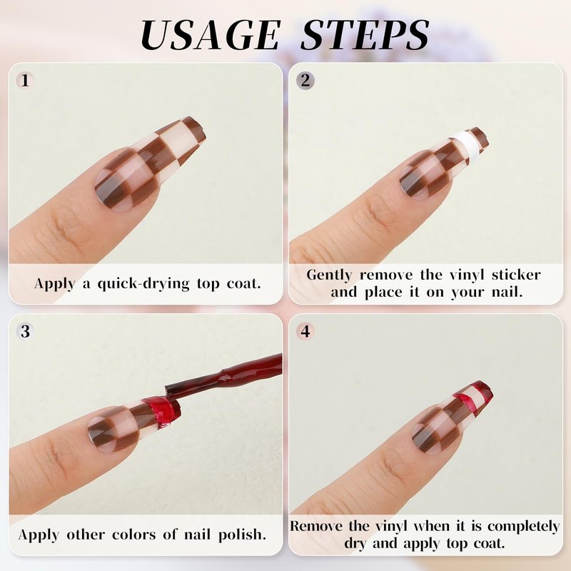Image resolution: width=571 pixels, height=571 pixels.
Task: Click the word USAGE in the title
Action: [x=211, y=34]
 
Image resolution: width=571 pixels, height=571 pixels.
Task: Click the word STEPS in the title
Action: [x=365, y=34]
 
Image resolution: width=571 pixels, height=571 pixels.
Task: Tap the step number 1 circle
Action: [x=25, y=81]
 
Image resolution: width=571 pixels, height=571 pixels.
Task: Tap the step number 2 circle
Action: [x=305, y=81]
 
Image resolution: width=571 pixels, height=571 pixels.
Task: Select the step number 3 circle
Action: [x=25, y=331]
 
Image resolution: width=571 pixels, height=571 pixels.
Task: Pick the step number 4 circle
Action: [x=305, y=331]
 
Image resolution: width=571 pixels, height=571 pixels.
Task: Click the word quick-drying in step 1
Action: [x=143, y=283]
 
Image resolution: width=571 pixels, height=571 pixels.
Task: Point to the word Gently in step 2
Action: [x=329, y=276]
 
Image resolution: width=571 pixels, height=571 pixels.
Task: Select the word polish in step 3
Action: [x=242, y=535]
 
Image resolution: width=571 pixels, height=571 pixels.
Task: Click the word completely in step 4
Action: [x=523, y=527]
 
